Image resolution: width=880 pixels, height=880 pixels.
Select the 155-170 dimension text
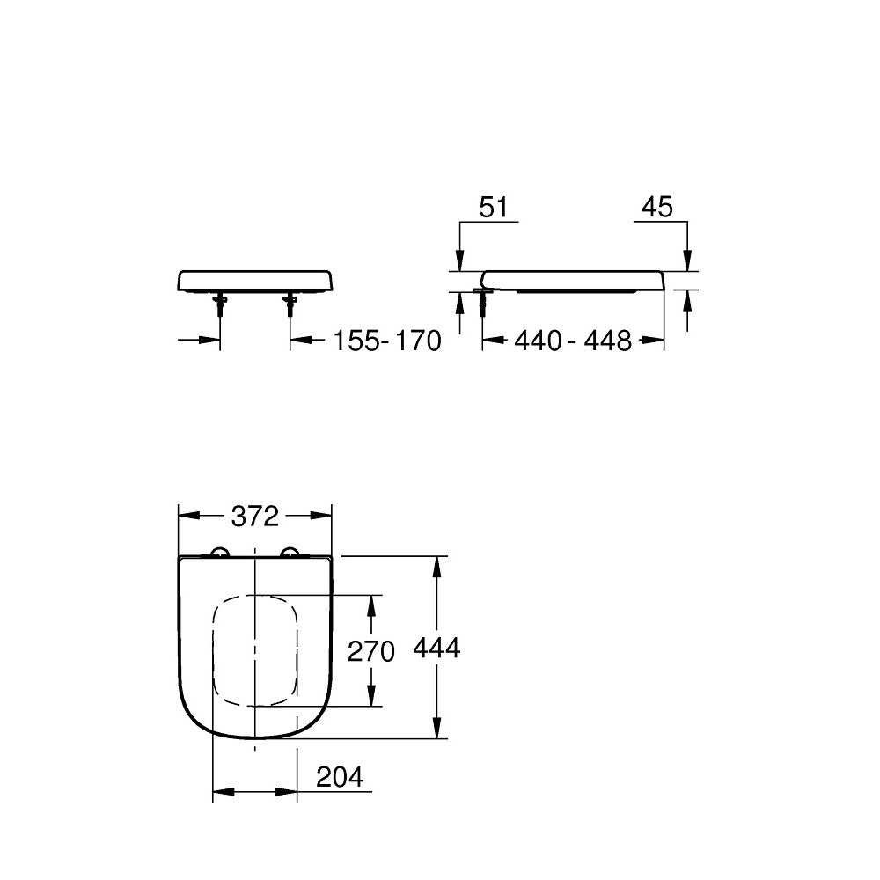(386, 341)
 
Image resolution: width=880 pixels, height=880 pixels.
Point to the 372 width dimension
(254, 517)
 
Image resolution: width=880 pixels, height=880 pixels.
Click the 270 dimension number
(371, 651)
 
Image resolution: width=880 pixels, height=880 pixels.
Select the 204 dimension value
(339, 777)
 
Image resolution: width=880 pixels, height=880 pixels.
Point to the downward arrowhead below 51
(459, 260)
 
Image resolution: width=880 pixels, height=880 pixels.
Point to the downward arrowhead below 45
(688, 260)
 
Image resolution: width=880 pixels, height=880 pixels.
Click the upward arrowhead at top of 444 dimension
(436, 567)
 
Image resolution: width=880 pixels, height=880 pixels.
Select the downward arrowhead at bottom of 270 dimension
(372, 696)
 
